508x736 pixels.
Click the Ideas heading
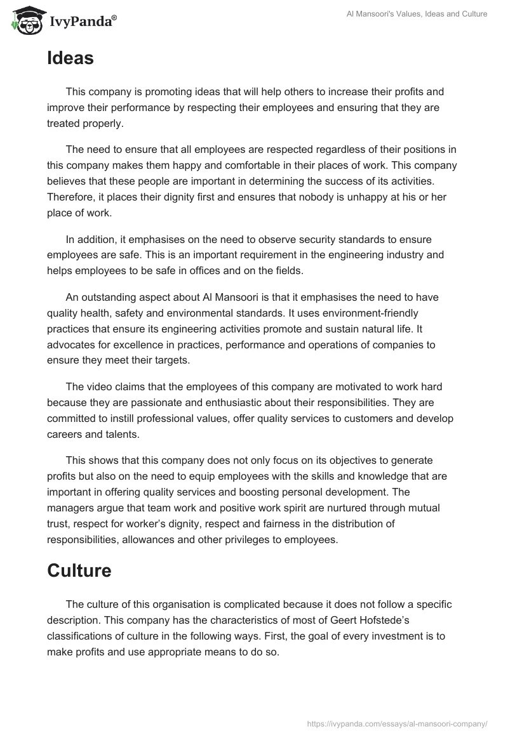pos(70,58)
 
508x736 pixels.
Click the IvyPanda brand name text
pos(83,22)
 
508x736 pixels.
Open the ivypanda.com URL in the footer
pos(396,723)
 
